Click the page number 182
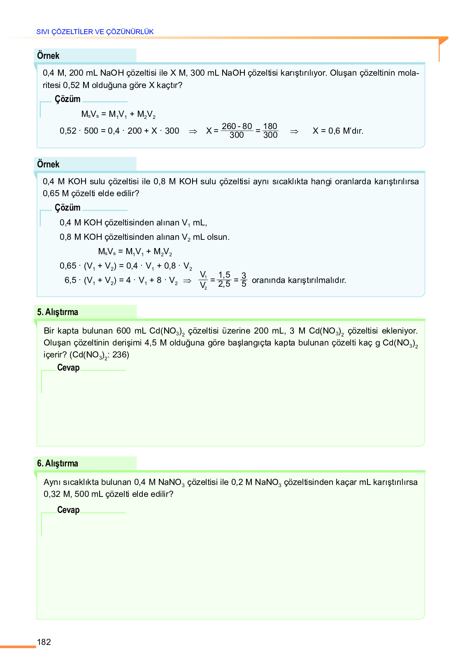point(44,642)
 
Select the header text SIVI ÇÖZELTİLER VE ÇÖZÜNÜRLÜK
point(95,32)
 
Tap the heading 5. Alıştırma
point(58,312)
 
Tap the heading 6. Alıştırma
point(58,464)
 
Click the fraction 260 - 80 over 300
point(237,131)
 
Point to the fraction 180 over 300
point(270,131)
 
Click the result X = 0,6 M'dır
point(338,131)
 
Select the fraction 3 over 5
point(244,280)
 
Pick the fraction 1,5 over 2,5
point(224,280)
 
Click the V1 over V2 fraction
point(203,280)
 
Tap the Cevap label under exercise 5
point(68,368)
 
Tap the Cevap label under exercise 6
point(68,510)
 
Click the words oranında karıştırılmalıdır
point(299,281)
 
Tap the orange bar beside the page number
point(18,647)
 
